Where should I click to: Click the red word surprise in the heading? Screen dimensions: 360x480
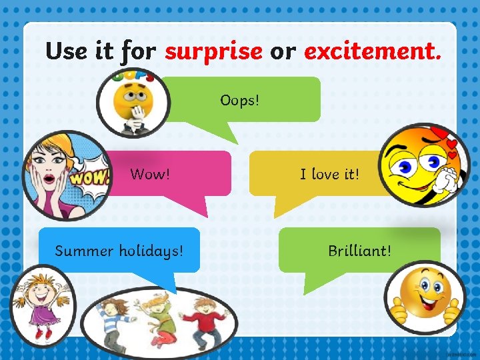213,51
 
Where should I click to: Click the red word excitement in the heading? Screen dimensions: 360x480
371,51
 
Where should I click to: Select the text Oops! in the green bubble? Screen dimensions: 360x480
240,101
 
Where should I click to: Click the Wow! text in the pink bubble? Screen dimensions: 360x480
150,175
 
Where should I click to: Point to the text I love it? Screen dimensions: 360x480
329,175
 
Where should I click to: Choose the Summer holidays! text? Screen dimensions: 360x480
119,251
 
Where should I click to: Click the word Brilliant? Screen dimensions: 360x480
359,251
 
